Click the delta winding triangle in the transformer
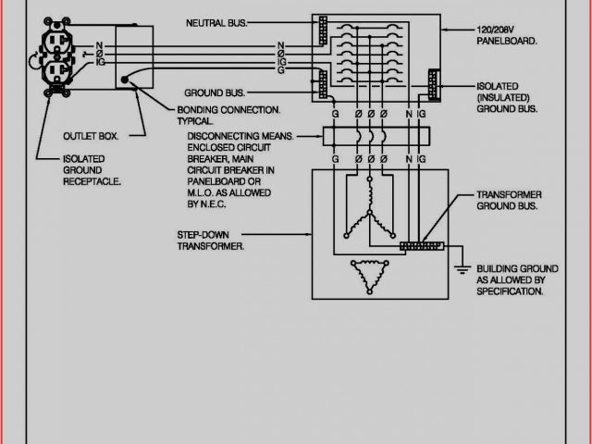pos(373,274)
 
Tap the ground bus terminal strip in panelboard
pos(321,85)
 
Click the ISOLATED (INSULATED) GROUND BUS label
pos(509,96)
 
